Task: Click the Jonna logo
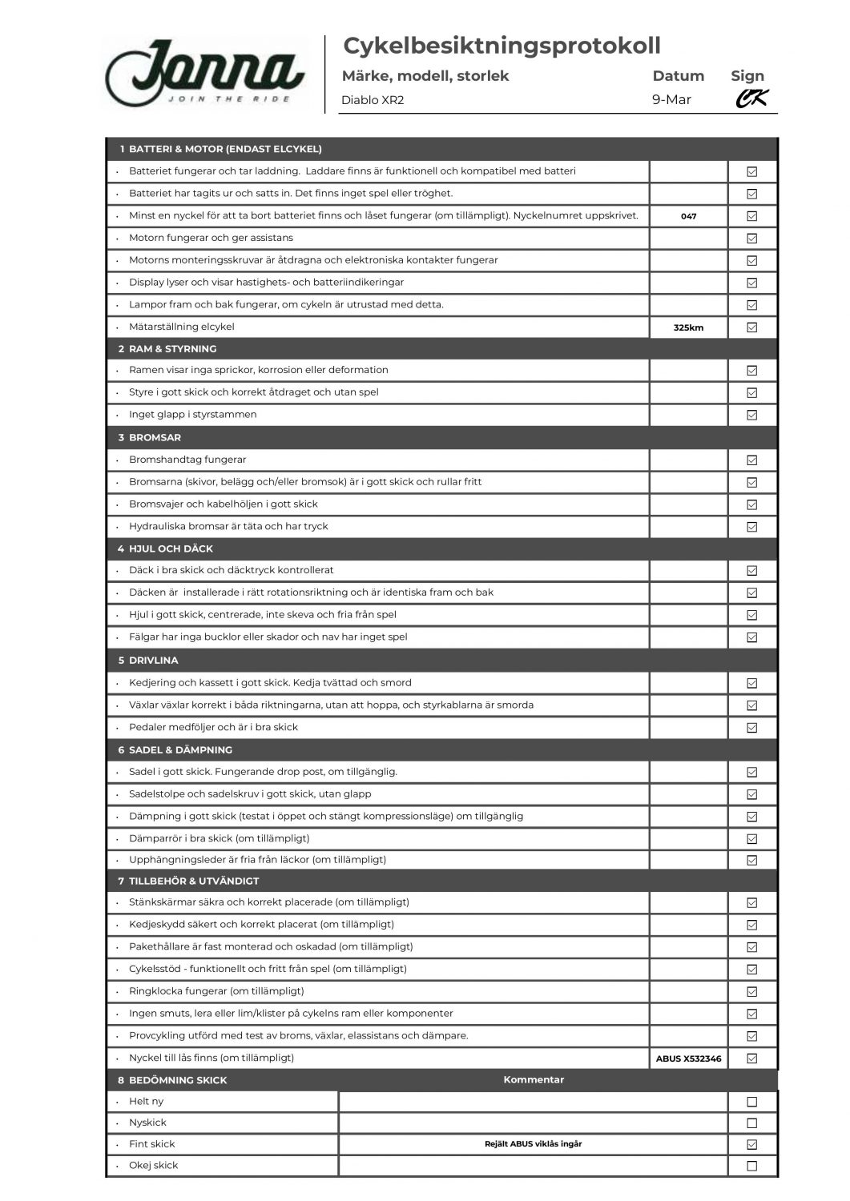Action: point(205,73)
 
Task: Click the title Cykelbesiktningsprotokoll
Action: point(502,46)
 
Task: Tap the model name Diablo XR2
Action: point(373,101)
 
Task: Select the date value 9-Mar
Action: point(671,100)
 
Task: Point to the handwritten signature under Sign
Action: point(751,98)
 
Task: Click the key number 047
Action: point(688,216)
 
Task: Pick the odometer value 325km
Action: point(688,327)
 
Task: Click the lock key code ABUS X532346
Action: point(688,1058)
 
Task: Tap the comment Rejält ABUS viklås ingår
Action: point(534,1144)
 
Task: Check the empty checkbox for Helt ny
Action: point(751,1102)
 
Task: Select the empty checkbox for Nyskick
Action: point(751,1123)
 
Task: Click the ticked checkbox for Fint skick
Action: point(751,1145)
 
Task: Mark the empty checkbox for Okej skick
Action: point(751,1166)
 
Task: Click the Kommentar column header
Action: point(534,1080)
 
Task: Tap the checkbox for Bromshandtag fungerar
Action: point(751,460)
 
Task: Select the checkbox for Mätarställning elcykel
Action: point(751,327)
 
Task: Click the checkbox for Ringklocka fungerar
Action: point(751,992)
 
